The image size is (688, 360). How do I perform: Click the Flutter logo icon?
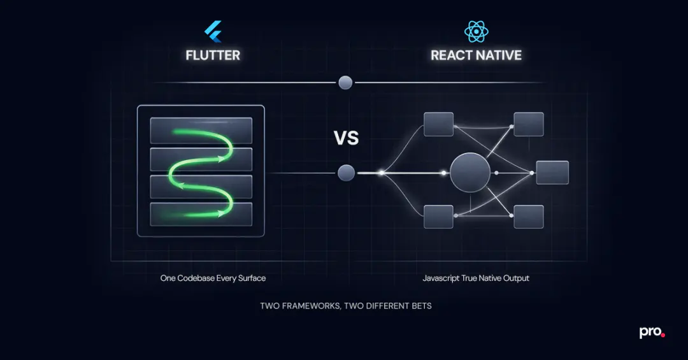tap(213, 32)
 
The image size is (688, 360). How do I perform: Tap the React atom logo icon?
tap(476, 32)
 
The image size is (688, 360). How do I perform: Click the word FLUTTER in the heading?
tap(213, 55)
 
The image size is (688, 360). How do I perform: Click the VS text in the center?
tap(346, 138)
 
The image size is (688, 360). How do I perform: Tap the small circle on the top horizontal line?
tap(345, 82)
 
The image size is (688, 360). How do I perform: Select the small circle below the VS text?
tap(346, 173)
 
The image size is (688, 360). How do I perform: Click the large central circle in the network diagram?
tap(470, 173)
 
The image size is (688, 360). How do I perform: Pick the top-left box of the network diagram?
tap(438, 124)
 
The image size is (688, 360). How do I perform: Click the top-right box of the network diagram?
tap(529, 124)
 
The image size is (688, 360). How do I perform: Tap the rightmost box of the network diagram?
tap(552, 173)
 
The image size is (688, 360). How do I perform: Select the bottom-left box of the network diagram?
tap(438, 217)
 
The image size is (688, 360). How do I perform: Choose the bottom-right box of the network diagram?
tap(529, 217)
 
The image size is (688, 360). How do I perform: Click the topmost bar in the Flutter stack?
tap(201, 130)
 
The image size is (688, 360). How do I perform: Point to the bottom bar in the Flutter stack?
tap(201, 214)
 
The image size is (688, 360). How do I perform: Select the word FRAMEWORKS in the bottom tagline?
tap(310, 306)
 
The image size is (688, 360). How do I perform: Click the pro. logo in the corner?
tap(652, 333)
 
